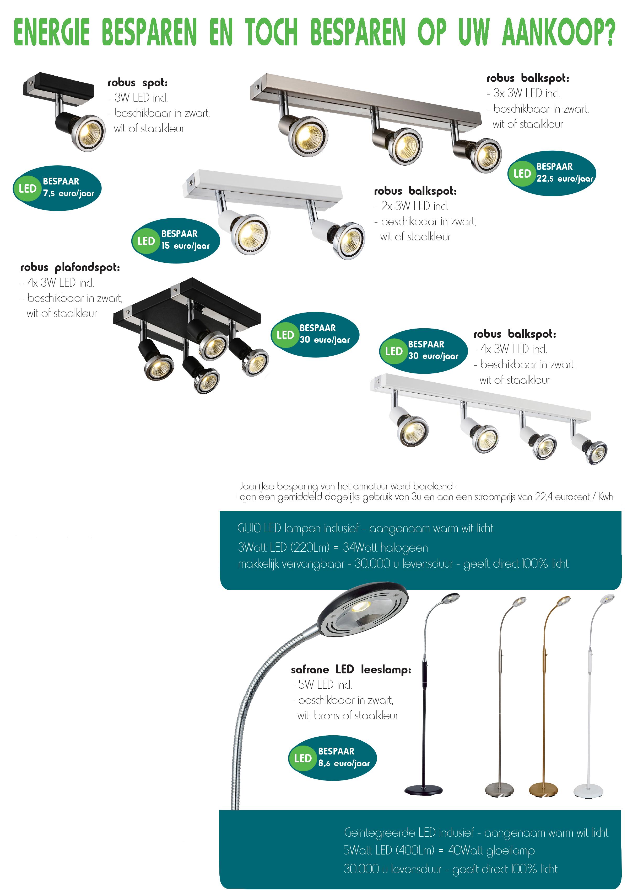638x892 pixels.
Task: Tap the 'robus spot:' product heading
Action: click(x=138, y=83)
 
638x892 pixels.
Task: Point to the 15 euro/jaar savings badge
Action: click(x=176, y=240)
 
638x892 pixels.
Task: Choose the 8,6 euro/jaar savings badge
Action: click(x=333, y=757)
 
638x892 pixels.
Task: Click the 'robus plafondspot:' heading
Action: click(x=70, y=267)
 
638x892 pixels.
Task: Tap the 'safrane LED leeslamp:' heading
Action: click(x=351, y=669)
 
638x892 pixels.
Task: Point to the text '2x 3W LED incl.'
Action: click(x=414, y=206)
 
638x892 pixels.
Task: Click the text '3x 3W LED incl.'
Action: click(x=526, y=93)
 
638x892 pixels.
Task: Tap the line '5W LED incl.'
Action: click(x=325, y=685)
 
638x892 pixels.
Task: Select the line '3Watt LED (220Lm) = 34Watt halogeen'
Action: click(x=333, y=547)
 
